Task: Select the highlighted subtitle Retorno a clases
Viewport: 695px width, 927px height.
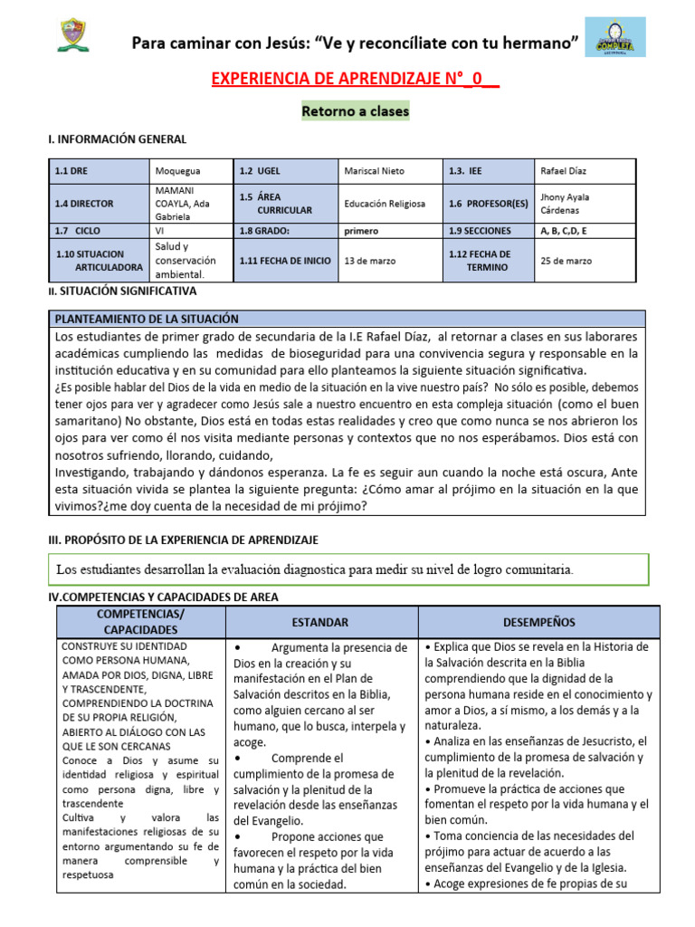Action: pos(355,111)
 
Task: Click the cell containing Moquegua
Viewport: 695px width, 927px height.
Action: pos(178,170)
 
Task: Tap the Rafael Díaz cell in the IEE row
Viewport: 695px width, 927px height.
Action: pos(565,170)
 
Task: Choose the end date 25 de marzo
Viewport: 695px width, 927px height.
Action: pos(566,261)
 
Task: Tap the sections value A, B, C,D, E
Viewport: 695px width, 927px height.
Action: pos(574,231)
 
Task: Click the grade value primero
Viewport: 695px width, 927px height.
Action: pos(361,231)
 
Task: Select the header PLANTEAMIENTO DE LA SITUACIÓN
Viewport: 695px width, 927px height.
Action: pos(147,319)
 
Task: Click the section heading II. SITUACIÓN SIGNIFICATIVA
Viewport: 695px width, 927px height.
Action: pos(121,291)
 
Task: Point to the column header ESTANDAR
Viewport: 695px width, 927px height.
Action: pos(321,623)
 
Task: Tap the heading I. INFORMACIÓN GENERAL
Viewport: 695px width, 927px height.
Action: pos(117,139)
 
